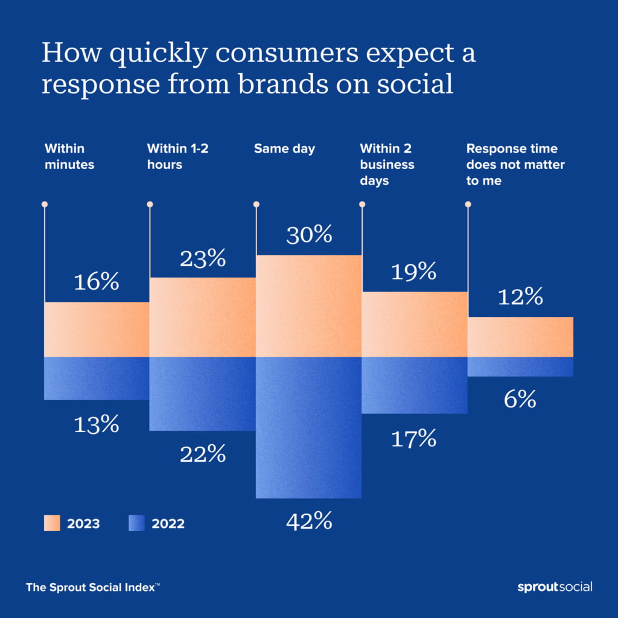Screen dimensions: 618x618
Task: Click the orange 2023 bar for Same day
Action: point(308,306)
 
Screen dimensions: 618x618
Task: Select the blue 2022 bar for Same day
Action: point(308,427)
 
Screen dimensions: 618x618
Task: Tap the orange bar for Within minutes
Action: point(97,330)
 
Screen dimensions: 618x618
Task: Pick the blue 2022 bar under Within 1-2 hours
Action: point(202,393)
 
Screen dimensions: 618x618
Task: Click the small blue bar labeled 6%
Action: point(520,367)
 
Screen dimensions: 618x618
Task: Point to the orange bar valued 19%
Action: point(415,325)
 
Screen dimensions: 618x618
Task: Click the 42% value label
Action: point(308,521)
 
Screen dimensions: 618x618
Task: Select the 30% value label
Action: point(308,235)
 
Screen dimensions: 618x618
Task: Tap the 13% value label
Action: point(97,425)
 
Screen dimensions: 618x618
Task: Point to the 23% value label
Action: point(202,259)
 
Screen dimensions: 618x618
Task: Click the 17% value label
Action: point(414,439)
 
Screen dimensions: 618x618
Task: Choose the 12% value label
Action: point(520,297)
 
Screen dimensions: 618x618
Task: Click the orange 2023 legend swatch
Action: point(52,523)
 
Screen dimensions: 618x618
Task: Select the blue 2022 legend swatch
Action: point(137,523)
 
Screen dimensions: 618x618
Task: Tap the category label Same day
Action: point(284,148)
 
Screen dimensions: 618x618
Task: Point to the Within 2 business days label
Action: point(387,164)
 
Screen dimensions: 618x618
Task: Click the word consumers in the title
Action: point(282,54)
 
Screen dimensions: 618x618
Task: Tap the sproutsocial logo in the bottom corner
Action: point(555,587)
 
